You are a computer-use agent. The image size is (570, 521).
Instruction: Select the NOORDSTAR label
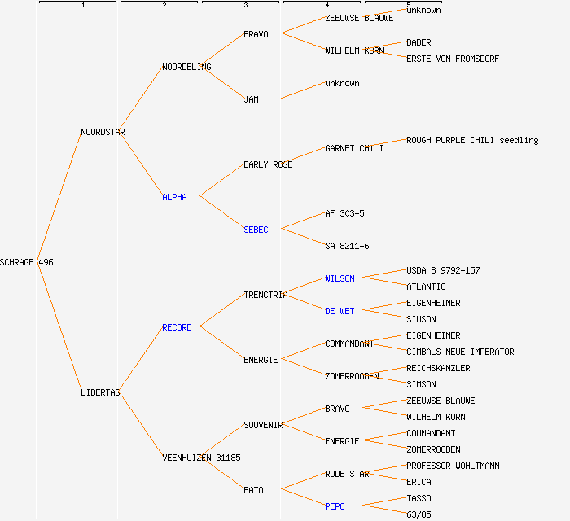pyautogui.click(x=103, y=132)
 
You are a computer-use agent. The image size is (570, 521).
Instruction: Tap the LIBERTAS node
pyautogui.click(x=100, y=392)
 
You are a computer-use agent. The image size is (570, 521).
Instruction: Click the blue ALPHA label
pyautogui.click(x=174, y=197)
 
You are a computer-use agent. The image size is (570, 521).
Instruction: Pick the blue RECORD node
pyautogui.click(x=177, y=327)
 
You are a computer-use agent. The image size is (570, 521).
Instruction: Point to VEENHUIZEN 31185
pyautogui.click(x=201, y=458)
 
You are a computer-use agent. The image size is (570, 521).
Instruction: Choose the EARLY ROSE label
pyautogui.click(x=268, y=164)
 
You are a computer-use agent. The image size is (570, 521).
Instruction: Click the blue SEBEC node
pyautogui.click(x=256, y=230)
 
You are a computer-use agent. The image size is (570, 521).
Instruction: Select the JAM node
pyautogui.click(x=251, y=99)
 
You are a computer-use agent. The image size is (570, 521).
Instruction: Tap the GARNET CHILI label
pyautogui.click(x=353, y=148)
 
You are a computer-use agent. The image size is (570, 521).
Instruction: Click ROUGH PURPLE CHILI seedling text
pyautogui.click(x=472, y=140)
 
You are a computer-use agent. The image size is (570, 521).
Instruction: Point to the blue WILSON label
pyautogui.click(x=340, y=278)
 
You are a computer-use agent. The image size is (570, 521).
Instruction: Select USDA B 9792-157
pyautogui.click(x=443, y=270)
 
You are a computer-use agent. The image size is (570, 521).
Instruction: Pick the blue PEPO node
pyautogui.click(x=335, y=506)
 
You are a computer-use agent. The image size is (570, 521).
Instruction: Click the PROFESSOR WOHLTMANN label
pyautogui.click(x=453, y=466)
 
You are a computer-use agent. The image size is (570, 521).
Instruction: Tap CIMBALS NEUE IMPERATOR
pyautogui.click(x=460, y=352)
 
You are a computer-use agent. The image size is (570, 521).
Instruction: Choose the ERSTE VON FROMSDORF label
pyautogui.click(x=453, y=59)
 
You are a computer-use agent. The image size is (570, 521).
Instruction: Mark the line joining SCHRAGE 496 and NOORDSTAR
pyautogui.click(x=59, y=197)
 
